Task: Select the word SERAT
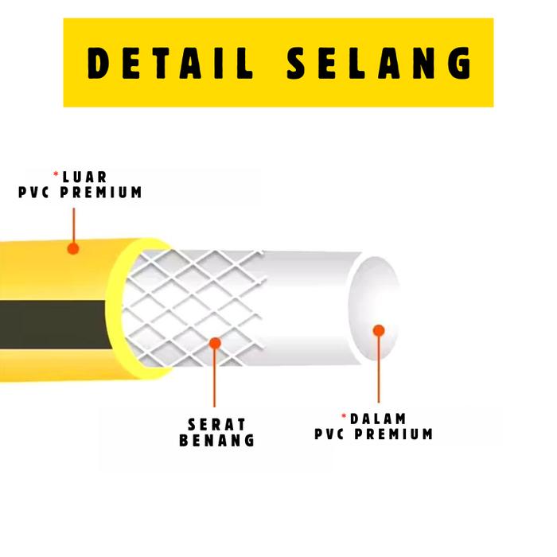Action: pos(217,424)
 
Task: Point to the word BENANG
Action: pos(217,440)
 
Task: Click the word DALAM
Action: pos(378,419)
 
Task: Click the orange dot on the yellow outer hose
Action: pos(73,248)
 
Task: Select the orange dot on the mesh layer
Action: pos(214,342)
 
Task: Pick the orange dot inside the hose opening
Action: pos(379,330)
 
